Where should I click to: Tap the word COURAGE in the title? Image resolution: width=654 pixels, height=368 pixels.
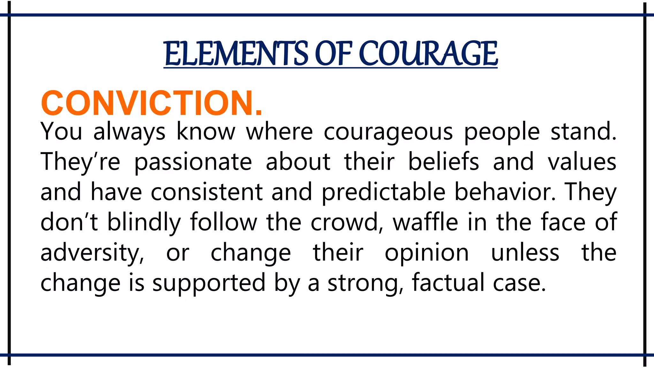click(x=428, y=53)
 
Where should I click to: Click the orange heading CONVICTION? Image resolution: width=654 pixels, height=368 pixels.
click(x=152, y=103)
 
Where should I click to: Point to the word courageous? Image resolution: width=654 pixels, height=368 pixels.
click(x=388, y=132)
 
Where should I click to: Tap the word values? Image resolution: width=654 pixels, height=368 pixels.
click(x=582, y=162)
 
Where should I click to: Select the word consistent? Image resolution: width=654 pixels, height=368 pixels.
click(x=207, y=192)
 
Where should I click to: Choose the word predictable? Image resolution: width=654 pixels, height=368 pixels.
click(x=383, y=192)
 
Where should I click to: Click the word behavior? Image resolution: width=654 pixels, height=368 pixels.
click(x=505, y=192)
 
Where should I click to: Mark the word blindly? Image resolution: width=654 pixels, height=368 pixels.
click(x=144, y=222)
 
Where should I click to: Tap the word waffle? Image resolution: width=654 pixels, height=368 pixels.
click(x=425, y=222)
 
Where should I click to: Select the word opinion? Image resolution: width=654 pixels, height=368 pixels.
click(x=427, y=253)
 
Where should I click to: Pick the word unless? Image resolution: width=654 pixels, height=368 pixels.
click(x=525, y=253)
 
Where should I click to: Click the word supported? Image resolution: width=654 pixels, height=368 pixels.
click(x=209, y=283)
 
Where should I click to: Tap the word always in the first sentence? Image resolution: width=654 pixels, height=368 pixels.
click(x=129, y=132)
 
